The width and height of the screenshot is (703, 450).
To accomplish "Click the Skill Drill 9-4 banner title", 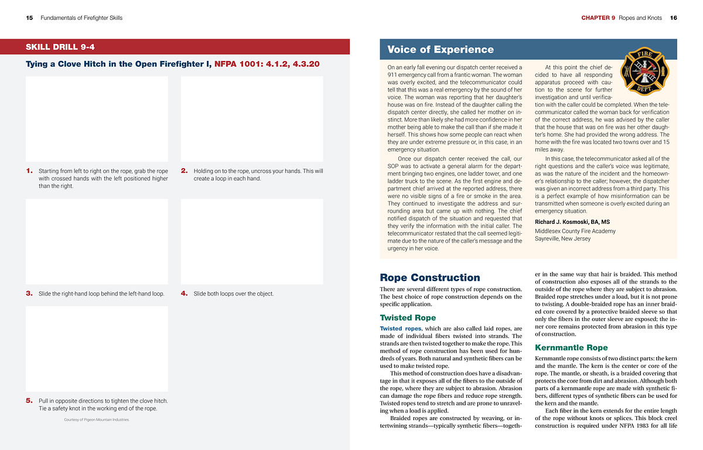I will (x=60, y=47).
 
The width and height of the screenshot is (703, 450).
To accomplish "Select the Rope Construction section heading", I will (x=429, y=278).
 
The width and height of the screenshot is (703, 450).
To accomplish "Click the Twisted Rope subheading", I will (x=408, y=318).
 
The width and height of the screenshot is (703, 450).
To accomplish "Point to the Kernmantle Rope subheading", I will (x=571, y=347).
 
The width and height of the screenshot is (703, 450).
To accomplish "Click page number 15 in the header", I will (x=29, y=18).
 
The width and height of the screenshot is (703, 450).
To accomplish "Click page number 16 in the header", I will (x=673, y=18).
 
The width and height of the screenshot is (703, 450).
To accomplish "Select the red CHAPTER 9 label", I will (x=598, y=18).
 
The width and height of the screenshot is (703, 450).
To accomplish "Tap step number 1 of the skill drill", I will (x=29, y=171).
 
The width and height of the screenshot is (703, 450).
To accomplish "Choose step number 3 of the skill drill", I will (x=29, y=294).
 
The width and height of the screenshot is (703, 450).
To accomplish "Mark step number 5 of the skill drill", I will (x=29, y=401).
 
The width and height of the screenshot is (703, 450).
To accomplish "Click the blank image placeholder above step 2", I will (x=252, y=119).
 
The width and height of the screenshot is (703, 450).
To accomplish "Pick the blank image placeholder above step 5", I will (x=97, y=349).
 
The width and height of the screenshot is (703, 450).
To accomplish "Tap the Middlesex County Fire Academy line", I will (x=575, y=231).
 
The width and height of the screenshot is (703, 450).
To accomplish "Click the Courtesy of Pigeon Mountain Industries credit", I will (x=97, y=420).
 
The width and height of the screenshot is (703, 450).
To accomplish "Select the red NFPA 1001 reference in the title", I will (x=267, y=64).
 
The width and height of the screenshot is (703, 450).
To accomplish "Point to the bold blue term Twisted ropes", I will (x=401, y=329).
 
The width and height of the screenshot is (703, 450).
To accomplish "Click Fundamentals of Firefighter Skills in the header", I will (x=81, y=18).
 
